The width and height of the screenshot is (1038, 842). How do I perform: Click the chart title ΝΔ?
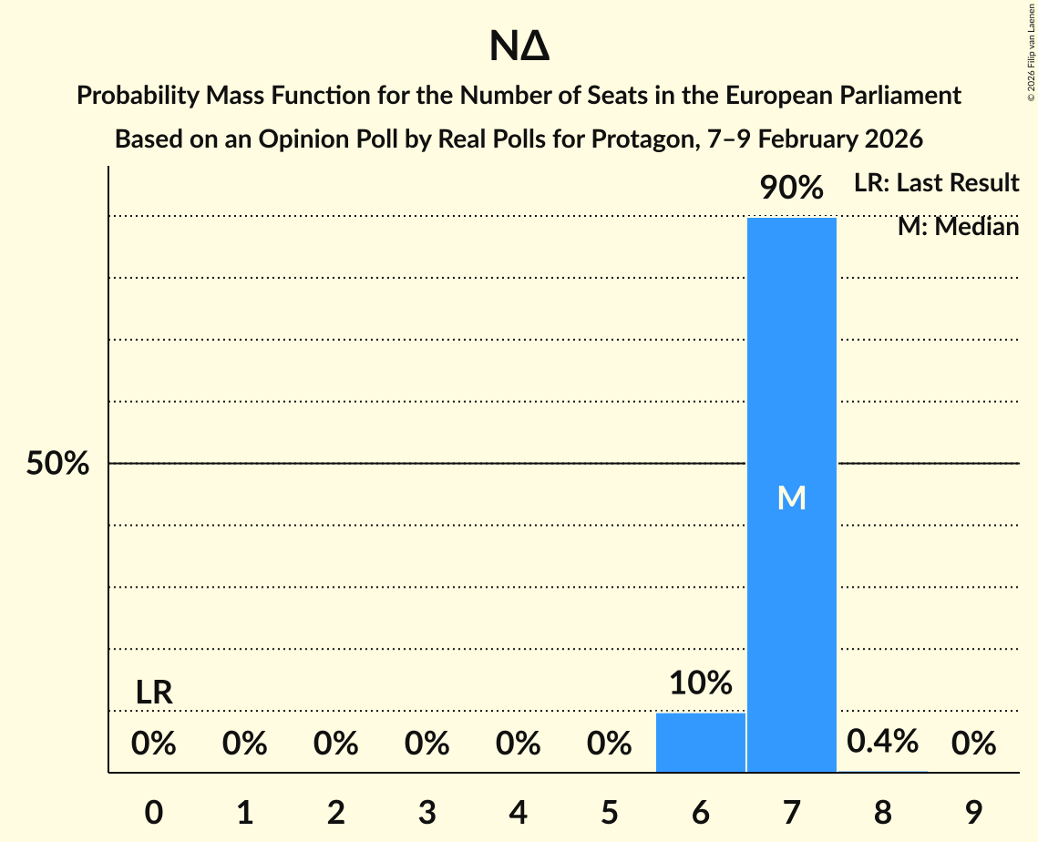pos(519,47)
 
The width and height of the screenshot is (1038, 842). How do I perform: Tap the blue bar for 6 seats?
pos(700,742)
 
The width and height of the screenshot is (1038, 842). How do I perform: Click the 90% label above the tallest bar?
pos(791,189)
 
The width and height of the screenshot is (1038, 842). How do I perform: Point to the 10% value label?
pos(700,683)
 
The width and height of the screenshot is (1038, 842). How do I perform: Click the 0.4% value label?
pos(881,742)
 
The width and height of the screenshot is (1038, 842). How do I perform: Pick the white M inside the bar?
pos(791,498)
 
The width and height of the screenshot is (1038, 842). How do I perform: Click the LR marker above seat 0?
pos(154,693)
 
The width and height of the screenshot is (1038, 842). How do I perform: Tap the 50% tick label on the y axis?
pos(57,464)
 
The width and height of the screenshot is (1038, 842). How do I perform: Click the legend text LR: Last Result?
pos(936,183)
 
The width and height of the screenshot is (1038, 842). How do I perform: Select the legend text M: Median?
pos(958,226)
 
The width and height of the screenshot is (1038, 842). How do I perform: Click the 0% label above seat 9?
pos(972,744)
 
